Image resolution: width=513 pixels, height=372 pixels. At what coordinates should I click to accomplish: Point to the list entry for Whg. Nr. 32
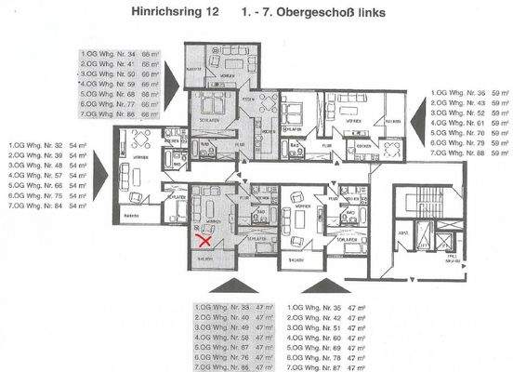click(47, 145)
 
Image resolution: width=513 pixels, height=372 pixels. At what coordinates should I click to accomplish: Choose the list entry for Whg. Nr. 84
click(47, 206)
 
